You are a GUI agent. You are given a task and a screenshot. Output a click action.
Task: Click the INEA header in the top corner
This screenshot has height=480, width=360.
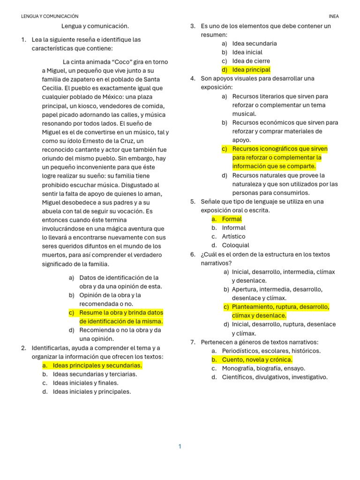334,16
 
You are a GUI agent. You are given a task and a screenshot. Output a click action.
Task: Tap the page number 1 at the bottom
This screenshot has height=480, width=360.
180,447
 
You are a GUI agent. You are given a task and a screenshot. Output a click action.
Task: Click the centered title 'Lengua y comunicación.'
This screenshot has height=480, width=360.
95,26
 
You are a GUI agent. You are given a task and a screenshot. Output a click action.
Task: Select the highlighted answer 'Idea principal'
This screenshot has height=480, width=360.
251,70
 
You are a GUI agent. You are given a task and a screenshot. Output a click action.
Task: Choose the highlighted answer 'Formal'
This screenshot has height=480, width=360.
232,219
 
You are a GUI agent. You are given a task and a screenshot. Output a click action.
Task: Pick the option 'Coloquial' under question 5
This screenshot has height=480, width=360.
235,245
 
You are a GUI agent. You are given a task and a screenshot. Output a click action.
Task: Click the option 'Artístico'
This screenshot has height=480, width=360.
233,237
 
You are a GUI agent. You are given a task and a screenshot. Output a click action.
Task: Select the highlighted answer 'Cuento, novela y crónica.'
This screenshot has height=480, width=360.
257,360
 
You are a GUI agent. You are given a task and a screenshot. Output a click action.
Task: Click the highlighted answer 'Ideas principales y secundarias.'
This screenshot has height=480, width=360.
97,365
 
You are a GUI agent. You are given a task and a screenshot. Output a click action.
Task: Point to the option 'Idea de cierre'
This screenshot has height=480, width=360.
251,61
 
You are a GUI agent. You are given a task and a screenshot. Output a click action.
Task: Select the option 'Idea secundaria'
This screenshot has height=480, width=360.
254,44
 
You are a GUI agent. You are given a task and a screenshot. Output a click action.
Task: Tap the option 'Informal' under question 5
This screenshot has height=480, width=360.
233,228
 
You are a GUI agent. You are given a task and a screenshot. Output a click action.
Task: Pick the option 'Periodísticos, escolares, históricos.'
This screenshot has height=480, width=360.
271,351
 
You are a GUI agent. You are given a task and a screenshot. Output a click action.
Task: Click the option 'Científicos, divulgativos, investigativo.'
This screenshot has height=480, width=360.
275,377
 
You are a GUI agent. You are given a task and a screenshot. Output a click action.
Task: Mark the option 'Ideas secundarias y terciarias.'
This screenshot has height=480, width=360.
95,374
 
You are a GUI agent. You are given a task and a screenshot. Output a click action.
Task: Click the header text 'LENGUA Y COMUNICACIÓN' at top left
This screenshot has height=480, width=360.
50,16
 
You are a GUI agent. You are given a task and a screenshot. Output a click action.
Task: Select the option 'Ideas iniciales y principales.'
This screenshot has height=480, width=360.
92,392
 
